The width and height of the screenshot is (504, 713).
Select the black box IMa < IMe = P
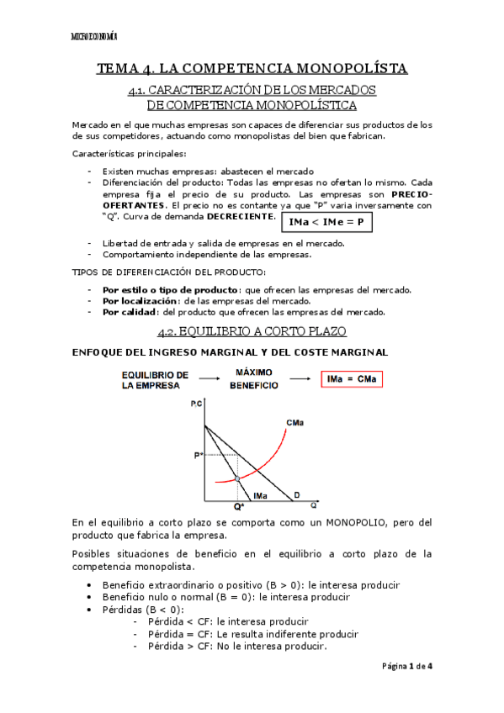pyautogui.click(x=326, y=223)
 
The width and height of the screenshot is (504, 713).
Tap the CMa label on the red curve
pyautogui.click(x=295, y=422)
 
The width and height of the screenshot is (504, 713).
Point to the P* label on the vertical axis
pyautogui.click(x=199, y=456)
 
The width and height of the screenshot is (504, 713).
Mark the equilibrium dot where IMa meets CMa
pyautogui.click(x=237, y=478)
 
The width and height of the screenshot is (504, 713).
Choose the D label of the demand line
pyautogui.click(x=295, y=496)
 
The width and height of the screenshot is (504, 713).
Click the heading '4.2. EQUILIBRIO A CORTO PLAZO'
pyautogui.click(x=252, y=331)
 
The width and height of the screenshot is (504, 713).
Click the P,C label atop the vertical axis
pyautogui.click(x=197, y=404)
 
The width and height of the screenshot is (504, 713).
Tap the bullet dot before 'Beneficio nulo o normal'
pyautogui.click(x=90, y=597)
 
